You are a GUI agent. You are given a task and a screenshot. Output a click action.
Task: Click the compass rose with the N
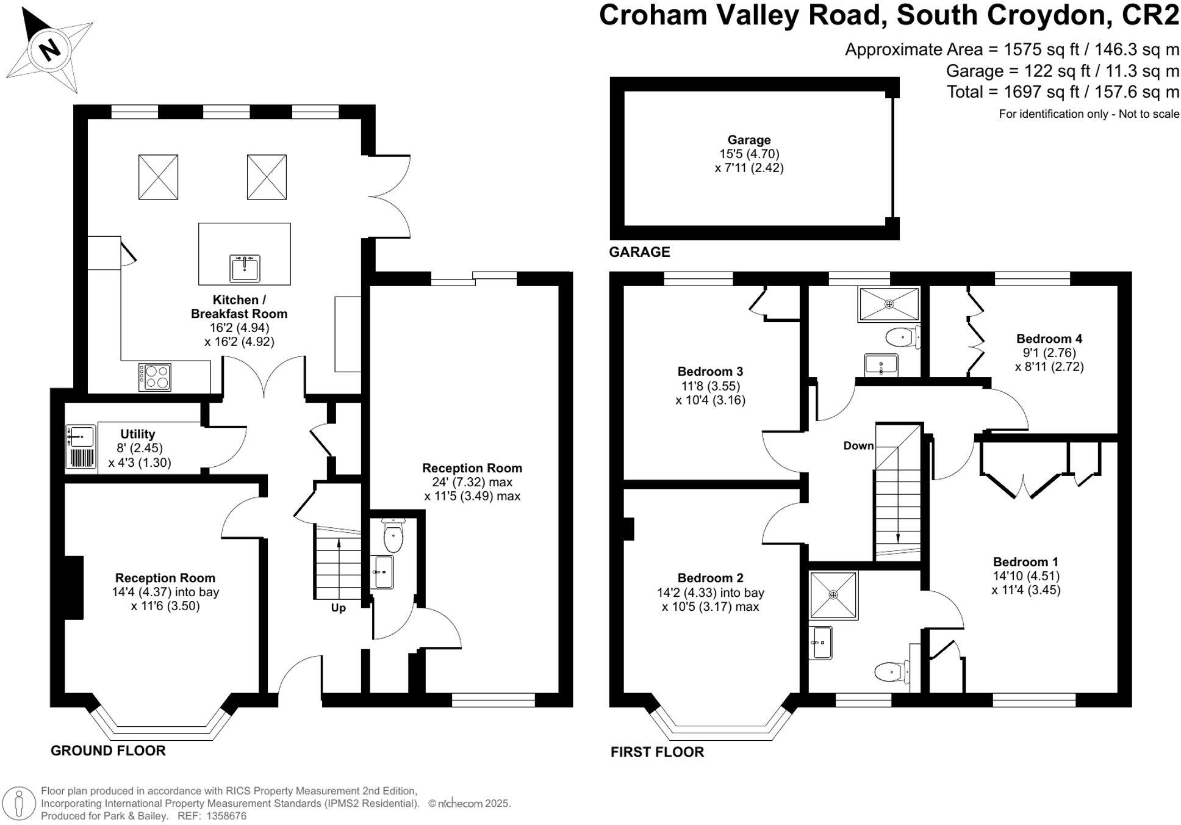tap(49, 49)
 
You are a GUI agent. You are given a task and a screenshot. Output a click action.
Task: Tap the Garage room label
tap(748, 140)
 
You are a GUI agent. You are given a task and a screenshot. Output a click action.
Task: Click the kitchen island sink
tap(245, 268)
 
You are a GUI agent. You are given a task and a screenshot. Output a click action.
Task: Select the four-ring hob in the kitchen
tap(155, 376)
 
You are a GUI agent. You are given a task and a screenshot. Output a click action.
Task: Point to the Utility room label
tap(137, 434)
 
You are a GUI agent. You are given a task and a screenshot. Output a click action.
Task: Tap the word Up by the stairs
tap(338, 608)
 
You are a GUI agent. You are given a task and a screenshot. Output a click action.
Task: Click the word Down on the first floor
tap(858, 445)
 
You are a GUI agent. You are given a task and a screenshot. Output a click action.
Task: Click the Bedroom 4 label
tap(1049, 339)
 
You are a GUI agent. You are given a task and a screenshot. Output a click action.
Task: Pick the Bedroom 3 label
tap(710, 371)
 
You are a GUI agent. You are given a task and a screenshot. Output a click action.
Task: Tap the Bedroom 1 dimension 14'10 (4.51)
tap(1026, 576)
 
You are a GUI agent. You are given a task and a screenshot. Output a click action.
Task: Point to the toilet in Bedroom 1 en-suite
tap(891, 672)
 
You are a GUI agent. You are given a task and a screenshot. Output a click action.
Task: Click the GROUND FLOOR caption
tap(108, 751)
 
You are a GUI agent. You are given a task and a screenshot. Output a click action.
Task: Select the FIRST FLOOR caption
tap(657, 752)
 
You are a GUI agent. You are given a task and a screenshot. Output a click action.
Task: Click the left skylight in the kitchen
tap(158, 177)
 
